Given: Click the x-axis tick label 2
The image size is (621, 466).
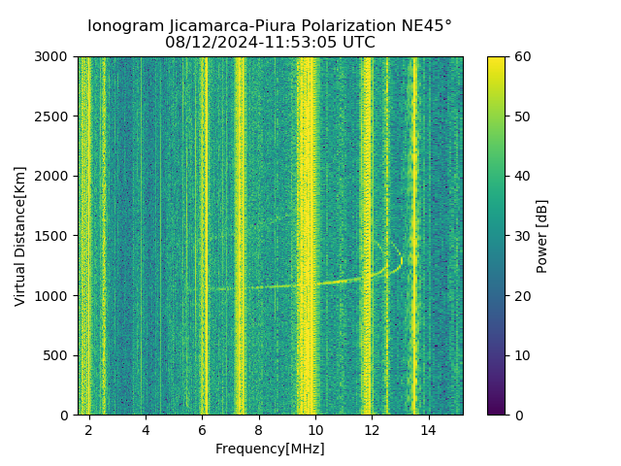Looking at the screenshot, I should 89,429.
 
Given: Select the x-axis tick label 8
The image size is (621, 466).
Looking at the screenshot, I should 259,429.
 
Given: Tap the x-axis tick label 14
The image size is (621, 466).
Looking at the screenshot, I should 428,429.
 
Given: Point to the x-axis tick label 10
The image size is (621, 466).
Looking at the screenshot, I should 315,429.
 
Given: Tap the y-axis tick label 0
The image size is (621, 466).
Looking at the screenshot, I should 66,415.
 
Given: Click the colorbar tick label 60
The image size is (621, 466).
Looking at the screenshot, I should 521,56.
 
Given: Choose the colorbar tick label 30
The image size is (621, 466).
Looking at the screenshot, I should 521,236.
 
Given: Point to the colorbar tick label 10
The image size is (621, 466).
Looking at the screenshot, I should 521,355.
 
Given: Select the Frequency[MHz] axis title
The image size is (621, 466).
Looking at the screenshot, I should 270,449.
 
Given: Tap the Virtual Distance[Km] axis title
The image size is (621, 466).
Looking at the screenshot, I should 20,236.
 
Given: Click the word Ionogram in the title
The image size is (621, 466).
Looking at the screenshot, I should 124,26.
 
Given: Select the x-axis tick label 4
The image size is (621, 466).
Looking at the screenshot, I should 146,429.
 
